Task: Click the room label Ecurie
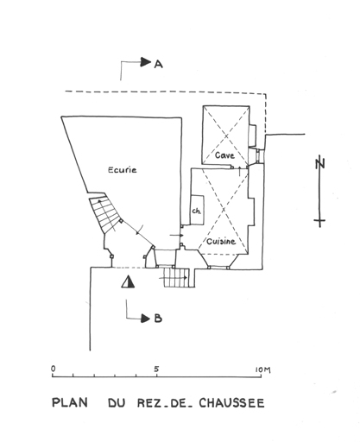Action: tap(123, 170)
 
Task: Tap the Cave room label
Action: tap(224, 155)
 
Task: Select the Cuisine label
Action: tap(221, 241)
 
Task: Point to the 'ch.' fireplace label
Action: tap(197, 212)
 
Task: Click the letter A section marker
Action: tap(159, 64)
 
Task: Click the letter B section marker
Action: tap(158, 319)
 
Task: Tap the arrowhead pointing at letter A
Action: tap(146, 62)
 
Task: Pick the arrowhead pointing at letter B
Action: tap(146, 319)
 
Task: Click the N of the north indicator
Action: tap(319, 164)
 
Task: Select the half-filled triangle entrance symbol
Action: tap(128, 281)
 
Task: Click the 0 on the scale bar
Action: tap(54, 369)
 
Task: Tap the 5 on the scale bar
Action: tap(156, 369)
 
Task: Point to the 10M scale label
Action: tap(263, 369)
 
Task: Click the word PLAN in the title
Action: tap(70, 402)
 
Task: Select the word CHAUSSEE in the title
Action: tap(231, 403)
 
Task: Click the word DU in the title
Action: tap(117, 403)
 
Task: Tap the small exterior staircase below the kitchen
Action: tap(176, 277)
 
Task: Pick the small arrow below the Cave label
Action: tap(240, 171)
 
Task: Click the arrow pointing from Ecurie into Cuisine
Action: tap(176, 236)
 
